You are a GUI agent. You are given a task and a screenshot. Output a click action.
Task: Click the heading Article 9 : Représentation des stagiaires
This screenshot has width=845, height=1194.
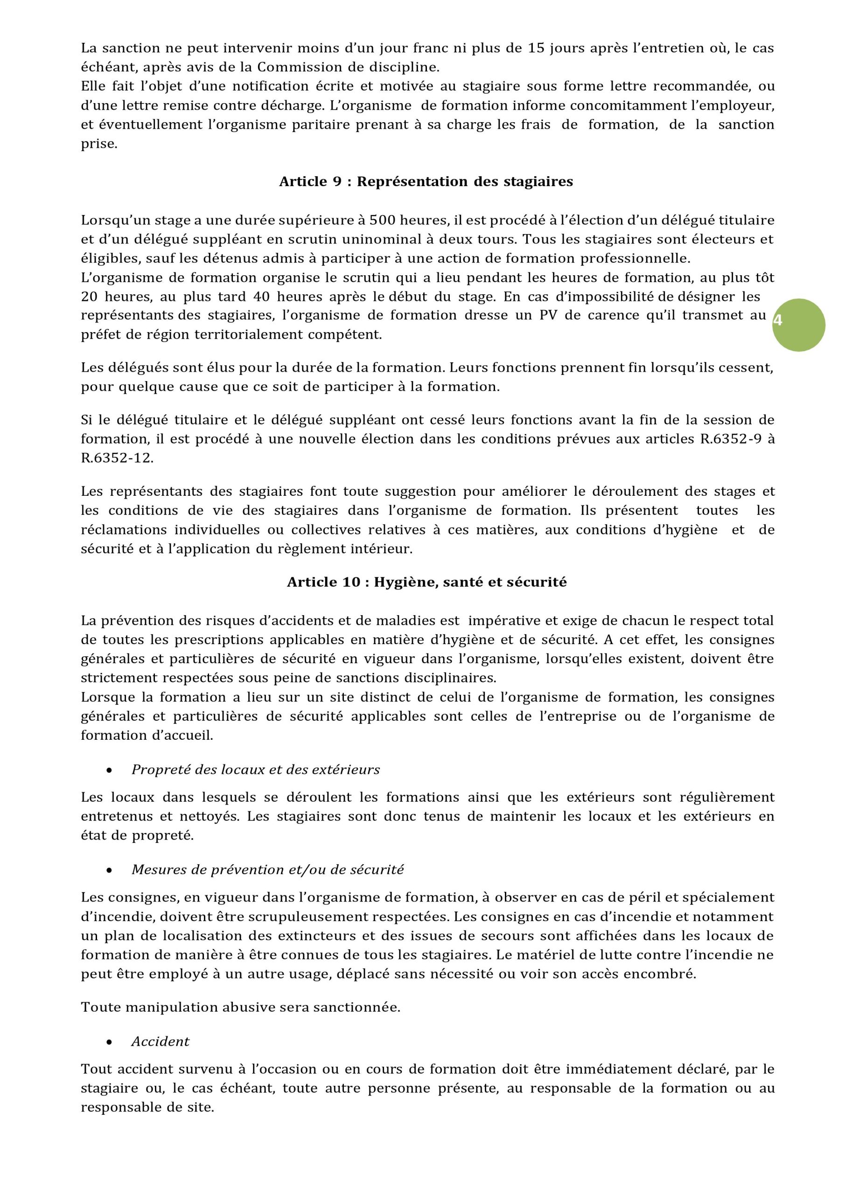[426, 181]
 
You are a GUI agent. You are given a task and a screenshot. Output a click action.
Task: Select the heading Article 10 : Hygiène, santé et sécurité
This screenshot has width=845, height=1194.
[426, 582]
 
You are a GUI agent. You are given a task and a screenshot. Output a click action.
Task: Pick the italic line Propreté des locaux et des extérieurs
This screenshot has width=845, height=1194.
[256, 770]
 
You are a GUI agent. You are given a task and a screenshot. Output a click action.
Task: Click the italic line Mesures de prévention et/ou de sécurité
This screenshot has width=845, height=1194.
[267, 869]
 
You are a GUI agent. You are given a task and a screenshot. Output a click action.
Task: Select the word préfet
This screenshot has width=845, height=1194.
[101, 335]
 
